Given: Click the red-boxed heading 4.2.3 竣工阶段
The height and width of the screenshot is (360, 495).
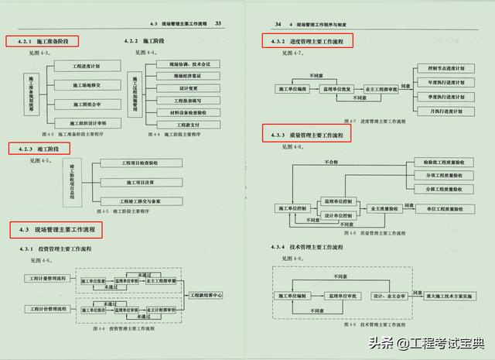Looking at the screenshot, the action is click(39, 148).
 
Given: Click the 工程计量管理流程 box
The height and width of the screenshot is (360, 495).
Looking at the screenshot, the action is click(48, 278).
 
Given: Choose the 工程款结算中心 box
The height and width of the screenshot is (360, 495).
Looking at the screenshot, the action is click(206, 294).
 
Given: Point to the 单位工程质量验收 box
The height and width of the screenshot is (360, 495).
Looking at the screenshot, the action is click(443, 209).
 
